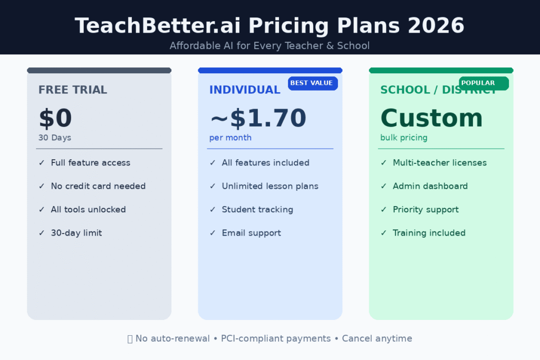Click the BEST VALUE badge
[x=312, y=83]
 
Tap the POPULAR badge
[x=483, y=83]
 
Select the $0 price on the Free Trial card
[x=55, y=119]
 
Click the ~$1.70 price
[x=258, y=119]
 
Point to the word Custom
[x=431, y=119]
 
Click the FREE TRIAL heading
[x=73, y=90]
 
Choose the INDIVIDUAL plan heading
[x=245, y=90]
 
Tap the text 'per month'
[x=230, y=138]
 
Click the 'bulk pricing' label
[x=404, y=138]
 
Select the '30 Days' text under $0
[x=54, y=138]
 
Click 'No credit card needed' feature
[x=98, y=186]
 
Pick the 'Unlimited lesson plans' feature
[x=270, y=186]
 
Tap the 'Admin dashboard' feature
[x=430, y=186]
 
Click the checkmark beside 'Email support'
[x=213, y=233]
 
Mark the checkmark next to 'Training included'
[x=383, y=233]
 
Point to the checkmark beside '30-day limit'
[x=42, y=233]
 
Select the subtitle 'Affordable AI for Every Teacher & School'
[x=269, y=46]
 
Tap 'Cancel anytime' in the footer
[x=377, y=338]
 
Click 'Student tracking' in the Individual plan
[x=257, y=210]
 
